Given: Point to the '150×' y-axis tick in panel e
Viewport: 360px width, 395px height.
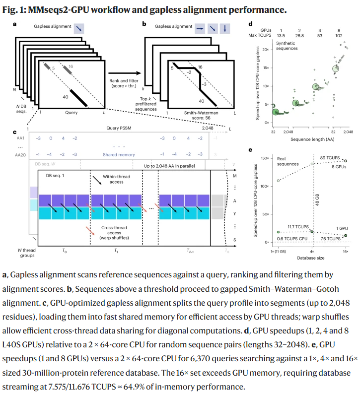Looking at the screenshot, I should click(x=265, y=158).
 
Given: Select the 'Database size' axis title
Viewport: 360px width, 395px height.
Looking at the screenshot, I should click(x=312, y=258).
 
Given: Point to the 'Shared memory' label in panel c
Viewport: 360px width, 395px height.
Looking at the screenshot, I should click(x=119, y=154).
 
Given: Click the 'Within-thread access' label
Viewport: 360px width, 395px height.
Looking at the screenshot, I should click(x=117, y=180).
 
